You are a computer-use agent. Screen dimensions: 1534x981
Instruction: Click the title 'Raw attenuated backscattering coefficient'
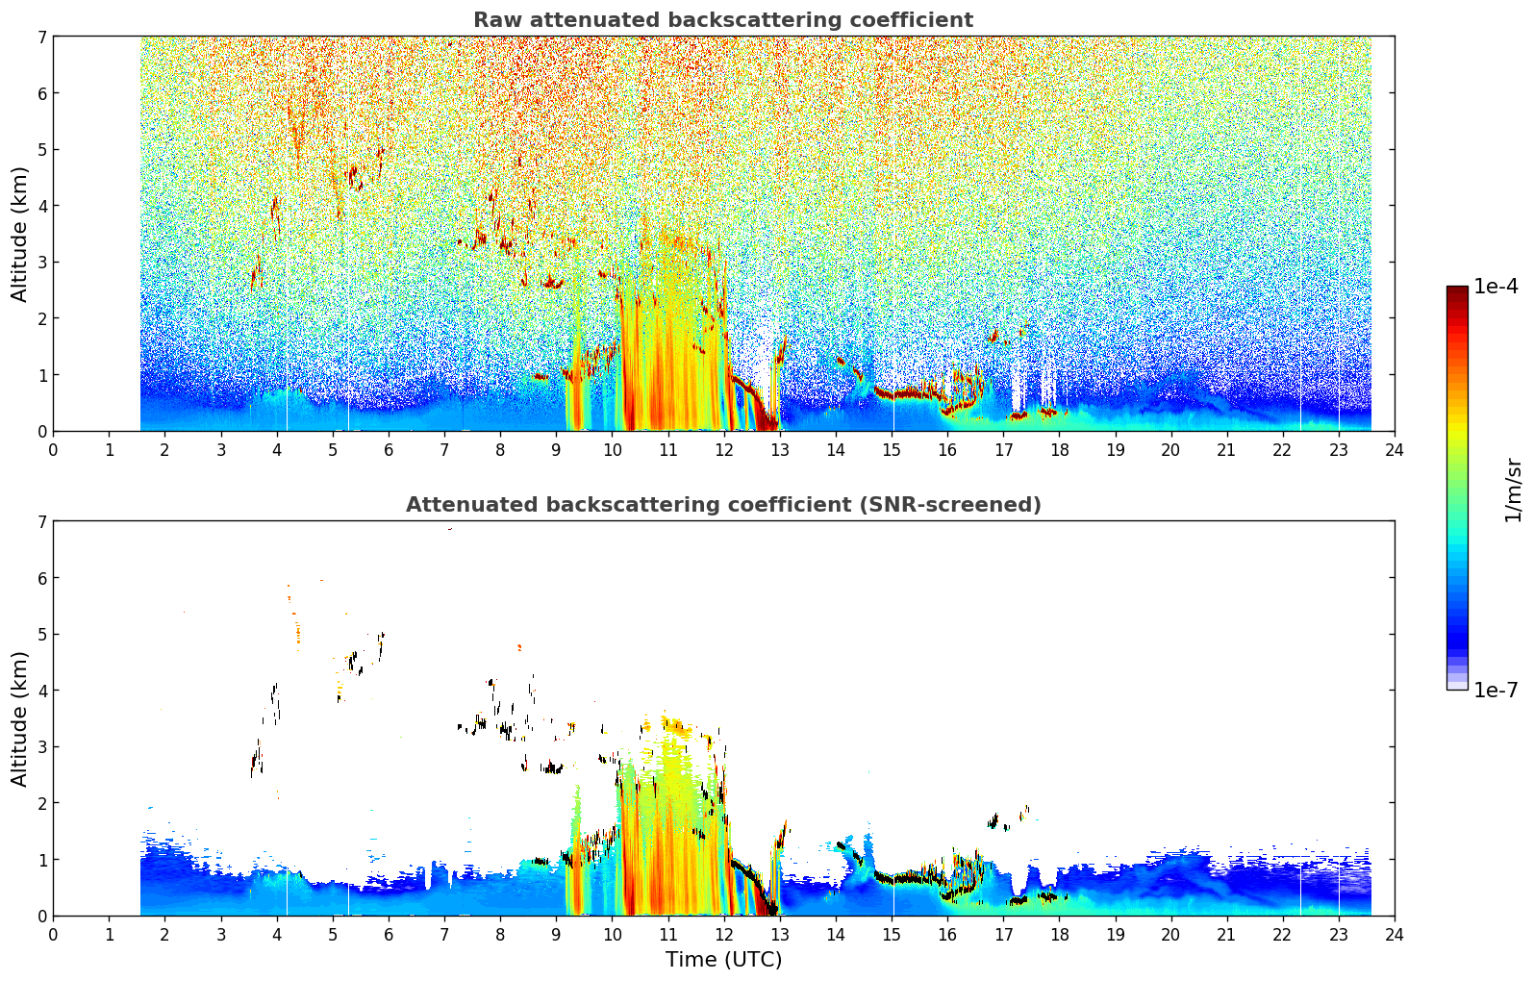point(723,20)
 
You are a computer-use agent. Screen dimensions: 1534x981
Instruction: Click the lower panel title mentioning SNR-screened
point(723,505)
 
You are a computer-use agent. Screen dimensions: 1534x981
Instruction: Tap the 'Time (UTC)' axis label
point(723,960)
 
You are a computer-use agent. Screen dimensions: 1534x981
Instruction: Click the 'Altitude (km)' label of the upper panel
point(19,235)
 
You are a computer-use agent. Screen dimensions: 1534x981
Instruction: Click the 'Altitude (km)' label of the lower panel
point(19,718)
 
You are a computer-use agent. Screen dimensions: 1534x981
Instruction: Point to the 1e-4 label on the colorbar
point(1496,287)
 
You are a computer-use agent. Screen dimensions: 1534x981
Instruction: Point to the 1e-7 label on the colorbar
point(1496,690)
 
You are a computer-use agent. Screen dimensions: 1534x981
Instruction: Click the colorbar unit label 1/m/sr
point(1513,491)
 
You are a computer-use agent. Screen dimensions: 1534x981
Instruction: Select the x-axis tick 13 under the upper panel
point(779,450)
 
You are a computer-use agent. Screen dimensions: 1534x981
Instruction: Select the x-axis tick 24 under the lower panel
point(1395,935)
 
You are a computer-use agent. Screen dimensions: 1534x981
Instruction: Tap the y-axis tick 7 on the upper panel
point(41,37)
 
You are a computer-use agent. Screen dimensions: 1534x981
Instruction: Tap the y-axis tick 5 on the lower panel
point(41,635)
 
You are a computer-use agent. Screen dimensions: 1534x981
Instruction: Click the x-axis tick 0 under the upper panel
point(54,450)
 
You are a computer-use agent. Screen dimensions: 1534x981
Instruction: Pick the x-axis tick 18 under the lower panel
point(1060,935)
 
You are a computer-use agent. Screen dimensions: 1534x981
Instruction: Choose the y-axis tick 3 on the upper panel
point(41,263)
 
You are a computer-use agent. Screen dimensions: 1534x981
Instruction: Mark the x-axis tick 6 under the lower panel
point(389,935)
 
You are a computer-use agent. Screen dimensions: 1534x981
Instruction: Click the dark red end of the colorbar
point(1457,289)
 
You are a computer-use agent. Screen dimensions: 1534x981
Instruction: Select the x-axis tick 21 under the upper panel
point(1226,450)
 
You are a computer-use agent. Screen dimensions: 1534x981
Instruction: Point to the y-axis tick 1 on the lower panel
point(41,860)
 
